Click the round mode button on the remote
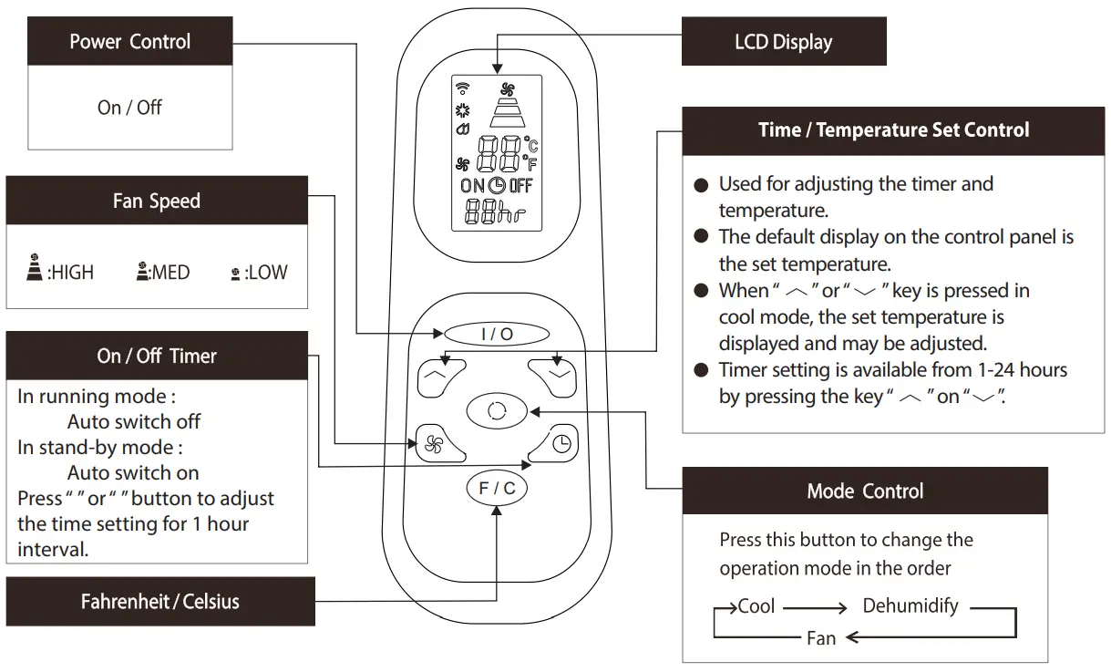tap(497, 411)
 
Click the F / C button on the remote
tap(497, 489)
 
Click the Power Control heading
tap(129, 42)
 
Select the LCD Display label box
tap(783, 42)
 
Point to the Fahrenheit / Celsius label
tap(160, 602)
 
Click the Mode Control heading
tap(864, 491)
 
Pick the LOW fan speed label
tap(266, 273)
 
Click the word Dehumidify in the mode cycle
tap(910, 606)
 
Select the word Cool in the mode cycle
tap(756, 606)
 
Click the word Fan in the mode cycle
tap(821, 638)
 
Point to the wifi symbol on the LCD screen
tap(462, 88)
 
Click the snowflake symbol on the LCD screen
tap(462, 110)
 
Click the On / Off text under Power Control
tap(129, 108)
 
